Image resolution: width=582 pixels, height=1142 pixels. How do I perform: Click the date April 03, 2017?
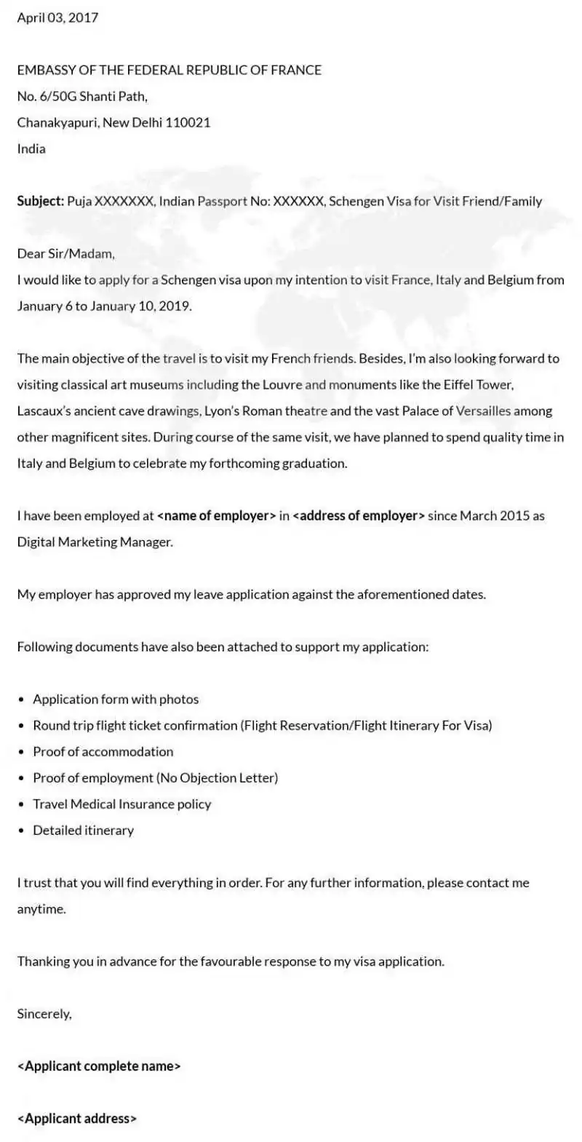(57, 17)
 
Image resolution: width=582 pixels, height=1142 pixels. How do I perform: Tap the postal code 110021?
(188, 122)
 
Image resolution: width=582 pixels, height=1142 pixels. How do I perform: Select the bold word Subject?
(41, 201)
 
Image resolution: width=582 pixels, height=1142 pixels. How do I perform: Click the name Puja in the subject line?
(79, 201)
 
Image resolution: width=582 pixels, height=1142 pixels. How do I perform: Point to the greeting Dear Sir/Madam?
(66, 253)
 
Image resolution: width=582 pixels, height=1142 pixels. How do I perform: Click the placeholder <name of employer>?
(216, 515)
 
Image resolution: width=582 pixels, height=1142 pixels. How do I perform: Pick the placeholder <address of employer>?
(359, 515)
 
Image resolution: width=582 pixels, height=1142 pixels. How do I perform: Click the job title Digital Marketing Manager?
(95, 542)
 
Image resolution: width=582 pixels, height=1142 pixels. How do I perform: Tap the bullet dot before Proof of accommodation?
(22, 752)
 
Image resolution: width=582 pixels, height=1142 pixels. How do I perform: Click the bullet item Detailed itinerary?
(84, 830)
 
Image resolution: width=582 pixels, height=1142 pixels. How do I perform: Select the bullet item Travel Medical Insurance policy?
(122, 804)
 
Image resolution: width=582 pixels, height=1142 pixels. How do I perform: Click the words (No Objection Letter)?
(217, 777)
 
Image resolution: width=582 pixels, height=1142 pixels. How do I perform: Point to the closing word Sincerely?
(44, 1013)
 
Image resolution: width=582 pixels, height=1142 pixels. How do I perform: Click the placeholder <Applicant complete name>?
(99, 1066)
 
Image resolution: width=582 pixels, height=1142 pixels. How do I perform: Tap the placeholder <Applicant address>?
(77, 1118)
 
